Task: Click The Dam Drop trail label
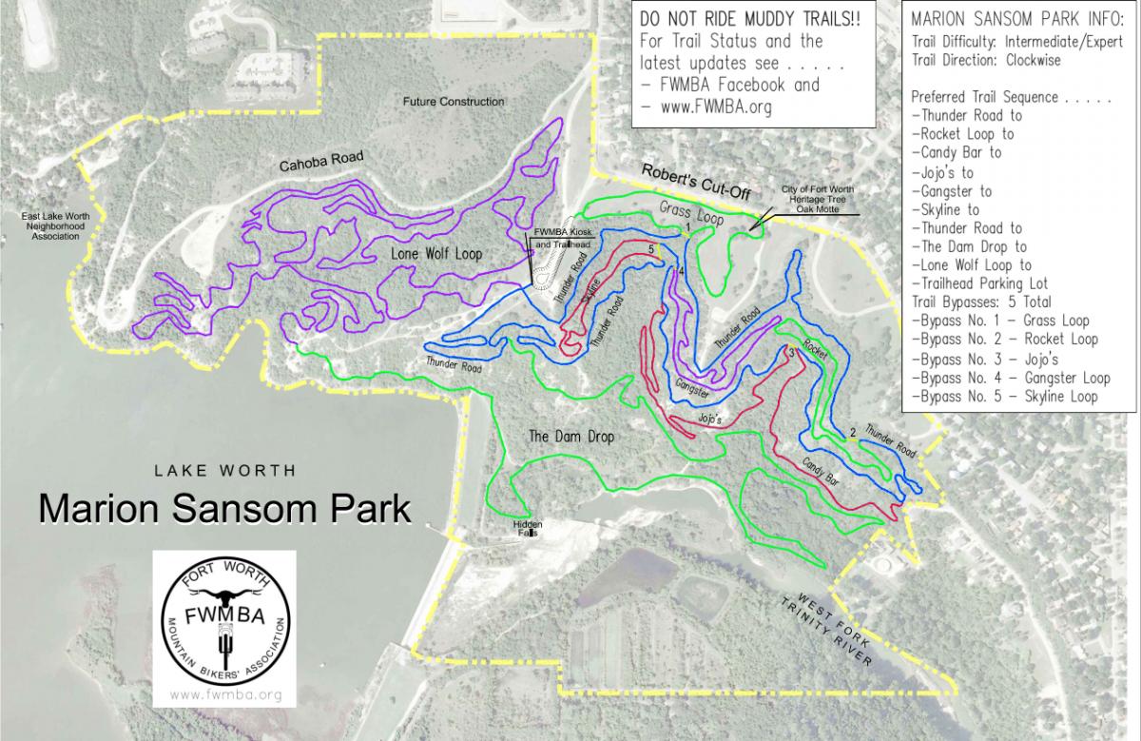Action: pos(571,437)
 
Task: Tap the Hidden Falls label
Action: pos(527,528)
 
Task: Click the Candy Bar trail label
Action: pos(823,475)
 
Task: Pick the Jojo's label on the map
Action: pos(710,418)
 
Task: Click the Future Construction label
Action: pos(453,102)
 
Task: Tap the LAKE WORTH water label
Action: pos(227,470)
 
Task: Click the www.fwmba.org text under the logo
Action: pos(225,695)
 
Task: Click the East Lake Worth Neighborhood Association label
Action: pos(56,226)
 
